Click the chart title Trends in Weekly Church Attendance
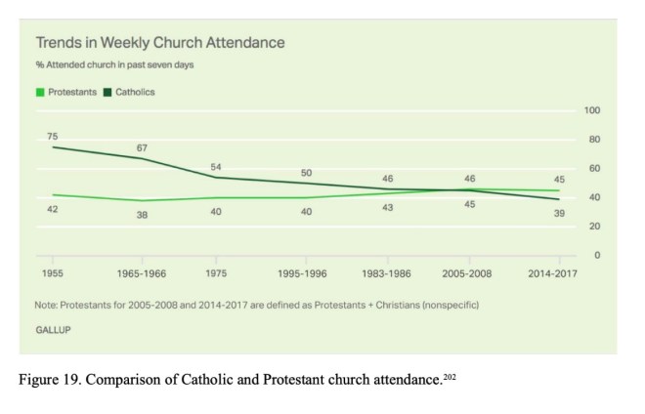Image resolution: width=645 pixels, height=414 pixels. tap(160, 43)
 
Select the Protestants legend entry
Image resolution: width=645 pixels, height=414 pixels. tap(66, 92)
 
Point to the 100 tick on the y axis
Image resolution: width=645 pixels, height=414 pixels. tap(591, 110)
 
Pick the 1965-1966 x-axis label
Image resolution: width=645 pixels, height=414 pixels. tap(142, 273)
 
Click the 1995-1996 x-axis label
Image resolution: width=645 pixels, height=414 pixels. tap(306, 273)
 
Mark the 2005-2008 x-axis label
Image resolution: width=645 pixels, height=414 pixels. tap(470, 273)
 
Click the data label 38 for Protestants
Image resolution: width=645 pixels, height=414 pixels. tap(142, 215)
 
